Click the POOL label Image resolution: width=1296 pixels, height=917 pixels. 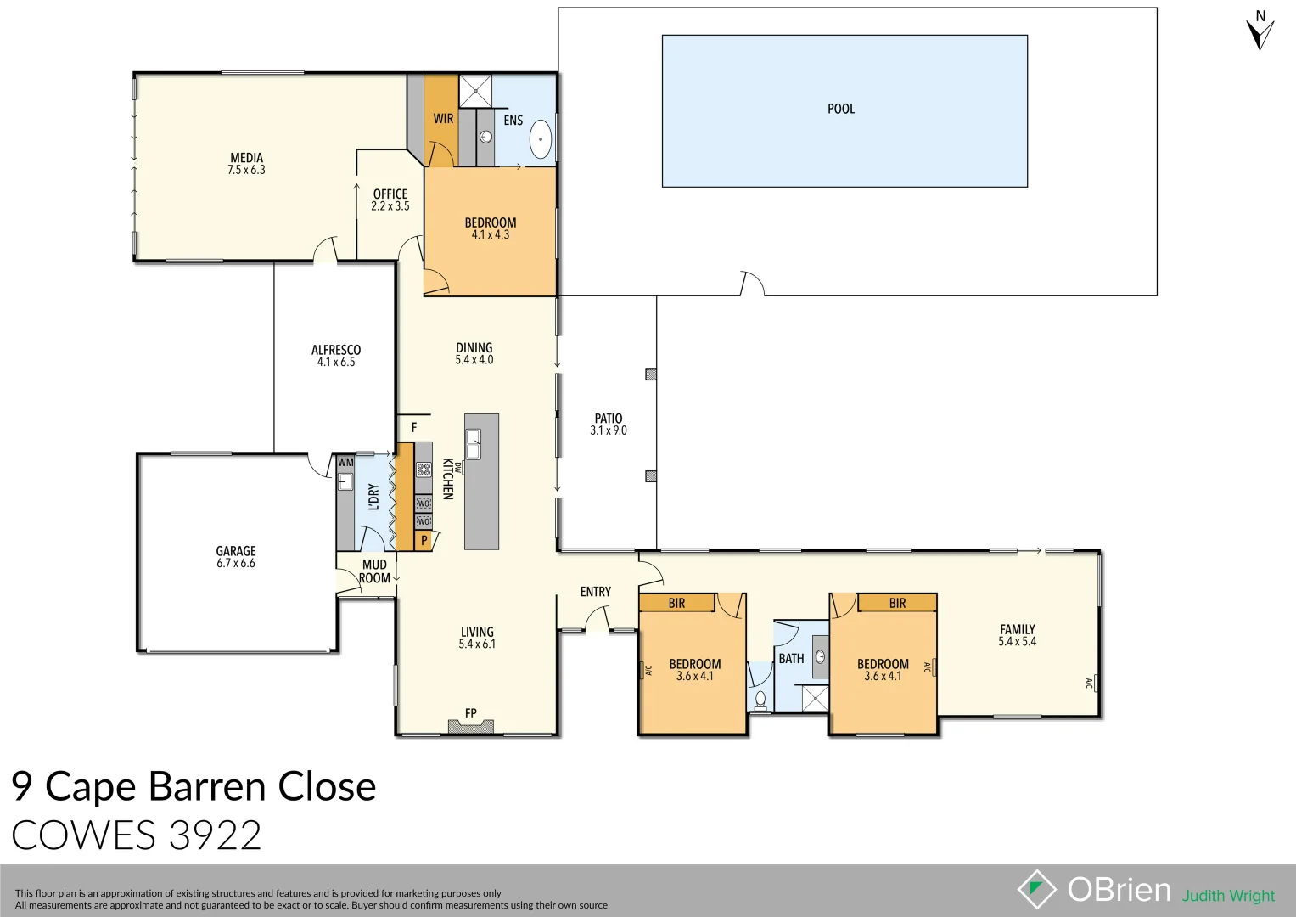point(840,109)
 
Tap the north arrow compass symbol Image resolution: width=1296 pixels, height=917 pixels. point(1260,32)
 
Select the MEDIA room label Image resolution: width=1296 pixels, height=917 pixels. point(246,158)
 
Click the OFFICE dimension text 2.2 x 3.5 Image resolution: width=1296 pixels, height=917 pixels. point(390,206)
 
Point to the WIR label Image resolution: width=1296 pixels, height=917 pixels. point(443,119)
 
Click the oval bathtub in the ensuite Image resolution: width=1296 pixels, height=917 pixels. point(540,139)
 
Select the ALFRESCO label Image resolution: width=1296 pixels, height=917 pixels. point(335,350)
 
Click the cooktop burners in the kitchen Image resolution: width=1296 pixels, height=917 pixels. point(424,469)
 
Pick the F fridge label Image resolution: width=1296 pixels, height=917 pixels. point(414,428)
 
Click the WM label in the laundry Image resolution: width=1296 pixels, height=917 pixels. point(345,463)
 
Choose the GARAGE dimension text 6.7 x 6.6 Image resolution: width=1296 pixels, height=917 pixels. point(235,564)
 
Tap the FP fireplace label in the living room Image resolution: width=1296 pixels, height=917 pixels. point(470,713)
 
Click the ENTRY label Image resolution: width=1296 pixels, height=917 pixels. point(595,592)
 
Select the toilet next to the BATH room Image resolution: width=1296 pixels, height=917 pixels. point(760,700)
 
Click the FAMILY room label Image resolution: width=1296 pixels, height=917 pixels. point(1017,629)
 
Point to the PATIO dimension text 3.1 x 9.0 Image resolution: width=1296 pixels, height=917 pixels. point(608,430)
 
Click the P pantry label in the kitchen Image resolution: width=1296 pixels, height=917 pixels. point(424,540)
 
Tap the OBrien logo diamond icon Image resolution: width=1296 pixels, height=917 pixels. point(1036,889)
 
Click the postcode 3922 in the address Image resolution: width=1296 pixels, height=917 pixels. point(215,835)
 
